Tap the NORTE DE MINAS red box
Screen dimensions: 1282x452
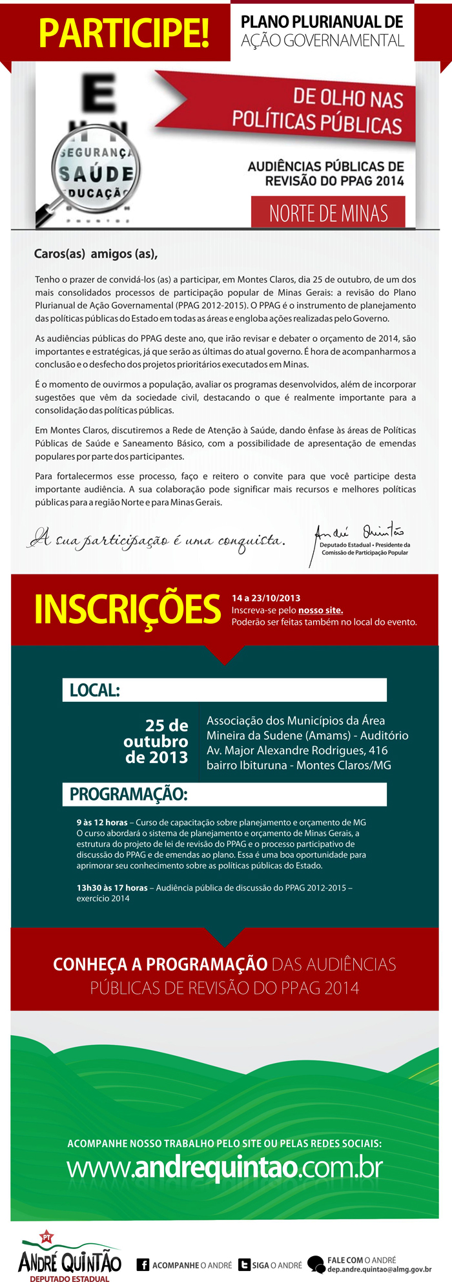tap(328, 213)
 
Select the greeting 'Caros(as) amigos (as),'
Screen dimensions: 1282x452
tap(96, 254)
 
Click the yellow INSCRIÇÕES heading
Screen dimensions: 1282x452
tap(127, 609)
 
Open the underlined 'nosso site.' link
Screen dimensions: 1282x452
tap(320, 610)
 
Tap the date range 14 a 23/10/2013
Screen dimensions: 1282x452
tap(266, 598)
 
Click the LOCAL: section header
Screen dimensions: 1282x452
tap(95, 690)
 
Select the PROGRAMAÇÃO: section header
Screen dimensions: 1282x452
tap(128, 794)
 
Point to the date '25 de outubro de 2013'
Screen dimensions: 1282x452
tap(157, 741)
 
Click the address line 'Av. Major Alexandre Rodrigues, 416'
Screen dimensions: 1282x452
tap(297, 750)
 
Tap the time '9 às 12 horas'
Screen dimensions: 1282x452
tap(102, 823)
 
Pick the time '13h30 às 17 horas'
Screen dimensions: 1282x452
tap(112, 888)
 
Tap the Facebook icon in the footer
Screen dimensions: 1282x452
tap(143, 1265)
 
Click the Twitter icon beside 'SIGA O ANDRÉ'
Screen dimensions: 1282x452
tap(244, 1265)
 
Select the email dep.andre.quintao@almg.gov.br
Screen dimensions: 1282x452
tap(379, 1269)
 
